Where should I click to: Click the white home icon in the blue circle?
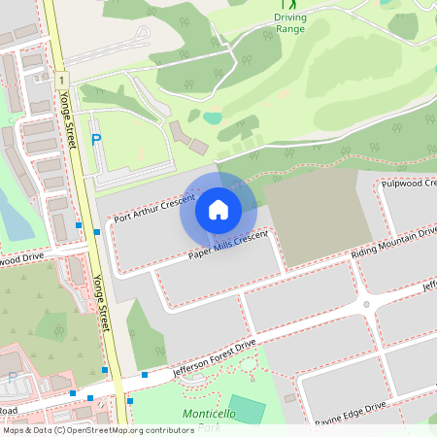pos(218,209)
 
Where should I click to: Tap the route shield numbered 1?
pos(61,80)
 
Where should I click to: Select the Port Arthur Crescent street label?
pos(149,206)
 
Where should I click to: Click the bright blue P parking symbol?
pos(95,140)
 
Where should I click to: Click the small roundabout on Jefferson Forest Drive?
pos(366,304)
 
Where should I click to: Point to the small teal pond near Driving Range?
pos(213,118)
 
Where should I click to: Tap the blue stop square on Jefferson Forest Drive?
pos(144,375)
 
